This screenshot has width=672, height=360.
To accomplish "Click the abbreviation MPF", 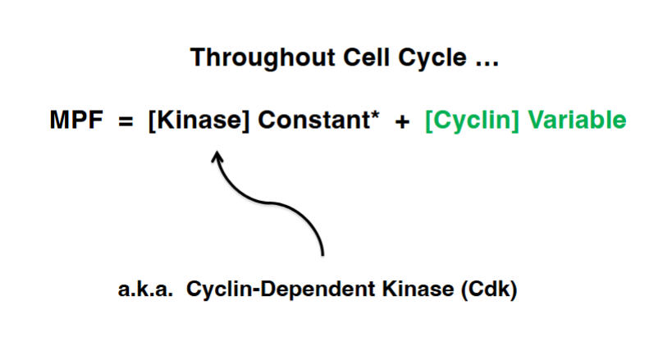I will click(75, 121).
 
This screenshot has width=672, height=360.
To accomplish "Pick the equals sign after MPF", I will click(124, 121).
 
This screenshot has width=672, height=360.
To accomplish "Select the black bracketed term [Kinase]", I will click(198, 121).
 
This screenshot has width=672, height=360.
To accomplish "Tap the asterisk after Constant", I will click(374, 116).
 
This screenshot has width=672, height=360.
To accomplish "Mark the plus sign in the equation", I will click(401, 121).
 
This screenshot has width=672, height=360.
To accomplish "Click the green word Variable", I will click(577, 121).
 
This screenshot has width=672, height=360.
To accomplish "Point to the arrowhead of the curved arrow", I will click(217, 155).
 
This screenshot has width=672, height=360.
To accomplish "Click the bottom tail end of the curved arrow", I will click(323, 254).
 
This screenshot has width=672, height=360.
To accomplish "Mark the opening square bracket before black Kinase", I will click(152, 121).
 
